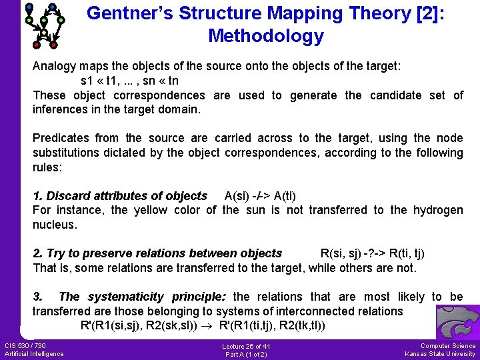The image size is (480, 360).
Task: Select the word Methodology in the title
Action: coord(266,36)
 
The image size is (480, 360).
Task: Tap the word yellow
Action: coord(151,210)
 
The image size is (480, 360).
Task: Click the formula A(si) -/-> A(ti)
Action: coord(261,196)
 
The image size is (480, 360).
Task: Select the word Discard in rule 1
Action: coord(68,196)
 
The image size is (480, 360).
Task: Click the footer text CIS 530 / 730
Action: coord(25,345)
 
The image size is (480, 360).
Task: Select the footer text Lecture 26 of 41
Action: coord(247,347)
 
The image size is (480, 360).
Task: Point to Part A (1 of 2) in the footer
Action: coord(247,354)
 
